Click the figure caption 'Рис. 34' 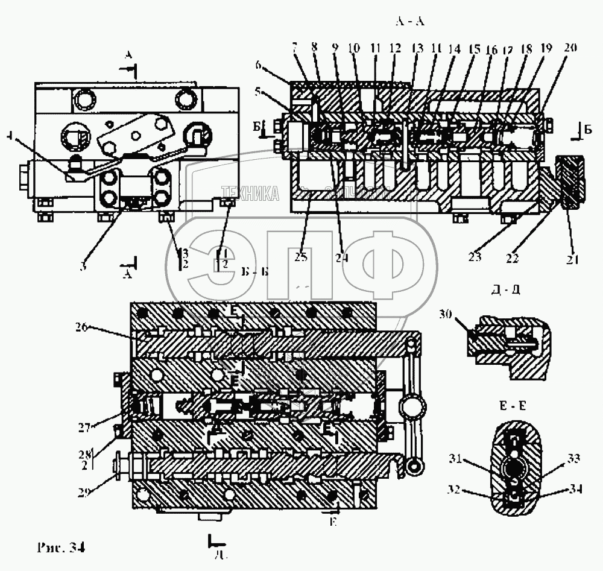60,547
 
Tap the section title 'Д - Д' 506,289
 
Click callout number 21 572,260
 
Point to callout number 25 301,257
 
